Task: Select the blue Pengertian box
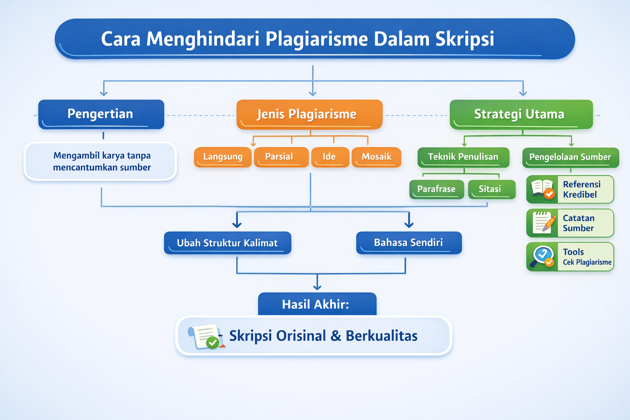click(101, 114)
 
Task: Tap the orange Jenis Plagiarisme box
click(309, 114)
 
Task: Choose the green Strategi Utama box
click(521, 114)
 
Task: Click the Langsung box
click(223, 157)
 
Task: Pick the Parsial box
click(281, 157)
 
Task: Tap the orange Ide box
click(330, 157)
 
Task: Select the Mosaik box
click(376, 157)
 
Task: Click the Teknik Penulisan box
click(463, 157)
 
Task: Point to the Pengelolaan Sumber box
click(570, 157)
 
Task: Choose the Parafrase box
click(436, 189)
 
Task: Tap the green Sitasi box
click(491, 189)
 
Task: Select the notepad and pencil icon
click(542, 223)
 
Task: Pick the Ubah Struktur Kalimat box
click(227, 243)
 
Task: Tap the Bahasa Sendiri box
click(409, 243)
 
